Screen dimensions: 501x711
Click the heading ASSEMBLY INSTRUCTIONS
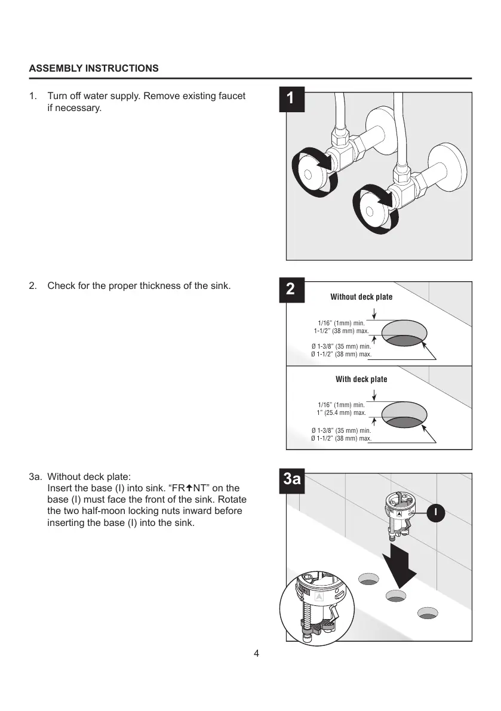pyautogui.click(x=94, y=68)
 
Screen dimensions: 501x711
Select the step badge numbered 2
pyautogui.click(x=290, y=289)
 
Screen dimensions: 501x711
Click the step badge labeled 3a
pyautogui.click(x=292, y=480)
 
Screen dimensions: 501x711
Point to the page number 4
pyautogui.click(x=256, y=653)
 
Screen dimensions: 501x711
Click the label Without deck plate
pyautogui.click(x=361, y=297)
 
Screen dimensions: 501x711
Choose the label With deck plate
pyautogui.click(x=361, y=379)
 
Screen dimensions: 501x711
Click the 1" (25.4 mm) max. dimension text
pyautogui.click(x=341, y=413)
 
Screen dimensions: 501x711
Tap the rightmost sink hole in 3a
pyautogui.click(x=428, y=612)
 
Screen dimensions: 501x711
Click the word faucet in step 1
pyautogui.click(x=229, y=96)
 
